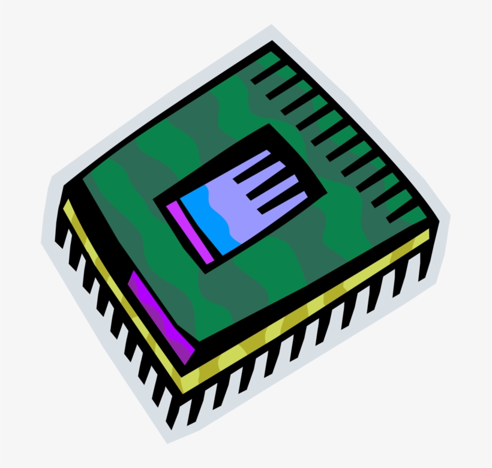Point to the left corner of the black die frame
coord(157,200)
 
